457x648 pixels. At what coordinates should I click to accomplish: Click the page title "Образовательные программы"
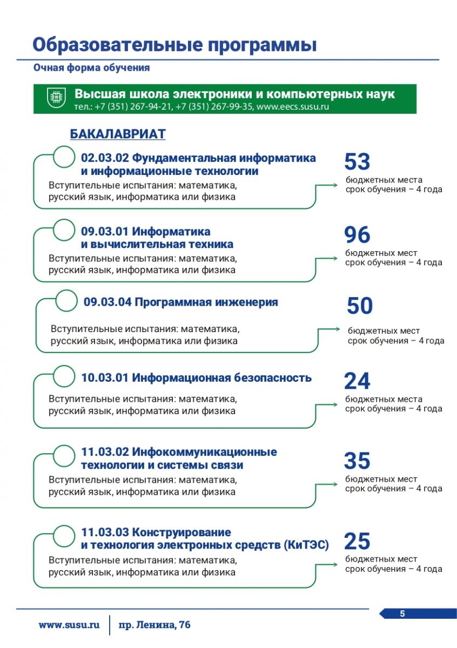tap(174, 44)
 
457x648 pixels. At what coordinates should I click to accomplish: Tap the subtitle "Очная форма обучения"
tap(91, 68)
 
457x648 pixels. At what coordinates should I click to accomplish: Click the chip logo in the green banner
tap(56, 98)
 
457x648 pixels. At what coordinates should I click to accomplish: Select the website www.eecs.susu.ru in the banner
tap(293, 106)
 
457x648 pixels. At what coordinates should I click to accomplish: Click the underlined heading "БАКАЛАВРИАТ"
tap(118, 134)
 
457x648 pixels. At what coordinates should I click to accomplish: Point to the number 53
tap(357, 162)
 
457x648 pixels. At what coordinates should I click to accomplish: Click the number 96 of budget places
tap(357, 235)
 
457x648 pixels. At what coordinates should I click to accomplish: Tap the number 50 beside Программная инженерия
tap(359, 306)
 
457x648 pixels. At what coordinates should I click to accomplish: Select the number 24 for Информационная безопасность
tap(357, 382)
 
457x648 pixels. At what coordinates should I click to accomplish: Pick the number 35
tap(357, 461)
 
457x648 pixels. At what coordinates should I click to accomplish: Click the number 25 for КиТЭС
tap(357, 541)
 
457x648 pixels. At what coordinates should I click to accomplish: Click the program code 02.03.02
tap(105, 158)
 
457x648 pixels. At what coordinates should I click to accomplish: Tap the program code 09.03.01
tap(105, 232)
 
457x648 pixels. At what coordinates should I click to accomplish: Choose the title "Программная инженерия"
tap(206, 302)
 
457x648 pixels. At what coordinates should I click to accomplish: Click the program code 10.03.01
tap(105, 378)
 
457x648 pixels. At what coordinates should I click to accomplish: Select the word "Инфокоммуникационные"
tap(204, 451)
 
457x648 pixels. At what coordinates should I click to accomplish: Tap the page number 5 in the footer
tap(402, 613)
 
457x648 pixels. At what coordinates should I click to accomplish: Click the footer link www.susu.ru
tap(69, 625)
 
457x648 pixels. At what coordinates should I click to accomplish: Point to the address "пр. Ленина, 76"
tap(154, 625)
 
